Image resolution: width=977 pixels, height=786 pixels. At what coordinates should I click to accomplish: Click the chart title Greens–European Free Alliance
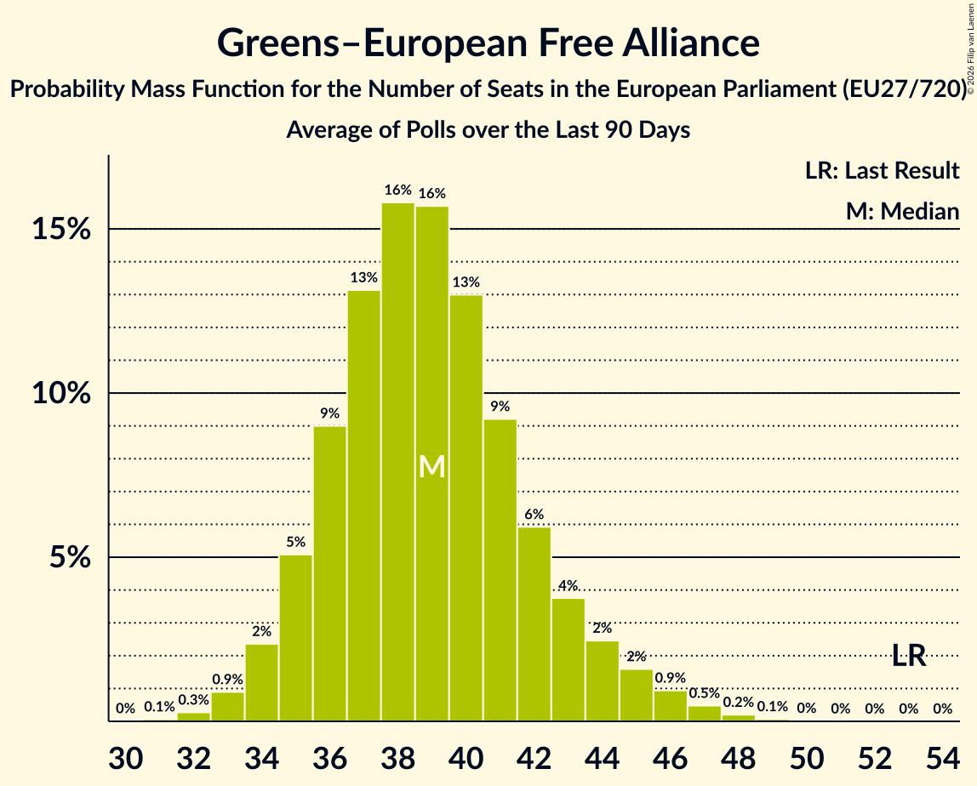(488, 43)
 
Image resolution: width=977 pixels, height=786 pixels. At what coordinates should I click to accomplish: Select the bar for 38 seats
(398, 462)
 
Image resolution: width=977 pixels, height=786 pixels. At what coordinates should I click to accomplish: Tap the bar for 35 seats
(296, 638)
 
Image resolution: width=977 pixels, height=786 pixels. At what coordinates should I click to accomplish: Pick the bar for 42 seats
(534, 624)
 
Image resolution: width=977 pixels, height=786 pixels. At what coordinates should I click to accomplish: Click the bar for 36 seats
(330, 573)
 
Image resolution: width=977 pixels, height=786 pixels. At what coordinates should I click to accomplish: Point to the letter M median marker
(432, 466)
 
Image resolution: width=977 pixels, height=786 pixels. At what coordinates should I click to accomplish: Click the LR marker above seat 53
(909, 655)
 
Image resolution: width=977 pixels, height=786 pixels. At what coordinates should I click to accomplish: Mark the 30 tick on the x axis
(125, 757)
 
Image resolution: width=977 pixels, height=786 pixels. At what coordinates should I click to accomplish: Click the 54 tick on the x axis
(943, 757)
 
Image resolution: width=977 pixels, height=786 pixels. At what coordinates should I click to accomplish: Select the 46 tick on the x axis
(671, 757)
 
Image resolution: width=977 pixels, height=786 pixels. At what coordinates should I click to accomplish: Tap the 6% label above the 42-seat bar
(534, 515)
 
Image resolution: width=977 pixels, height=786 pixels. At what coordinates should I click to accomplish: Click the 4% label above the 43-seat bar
(568, 585)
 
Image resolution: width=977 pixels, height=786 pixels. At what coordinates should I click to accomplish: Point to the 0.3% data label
(194, 700)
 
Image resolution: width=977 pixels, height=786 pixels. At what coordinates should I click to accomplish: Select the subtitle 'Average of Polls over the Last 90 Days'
(488, 130)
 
